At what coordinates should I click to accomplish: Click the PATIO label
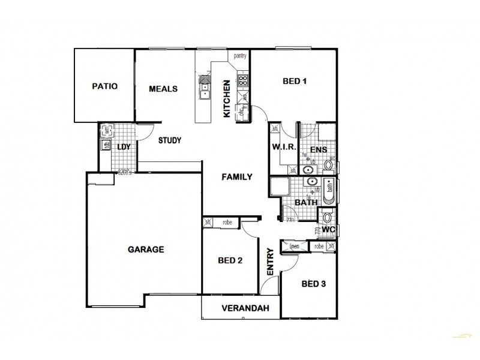coord(104,86)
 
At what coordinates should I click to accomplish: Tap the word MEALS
coord(163,89)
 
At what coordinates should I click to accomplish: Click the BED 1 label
coord(295,82)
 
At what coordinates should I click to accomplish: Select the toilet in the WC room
coord(328,217)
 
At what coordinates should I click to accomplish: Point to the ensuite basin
coord(308,170)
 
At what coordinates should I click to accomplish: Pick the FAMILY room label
coord(236,177)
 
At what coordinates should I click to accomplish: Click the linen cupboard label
coord(294,246)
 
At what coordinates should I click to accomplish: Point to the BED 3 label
coord(313,284)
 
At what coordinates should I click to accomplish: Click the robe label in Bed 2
coord(227,222)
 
